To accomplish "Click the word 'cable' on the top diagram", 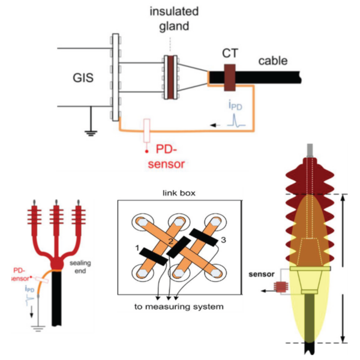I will pos(273,61).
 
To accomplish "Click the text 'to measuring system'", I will pos(178,307).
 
